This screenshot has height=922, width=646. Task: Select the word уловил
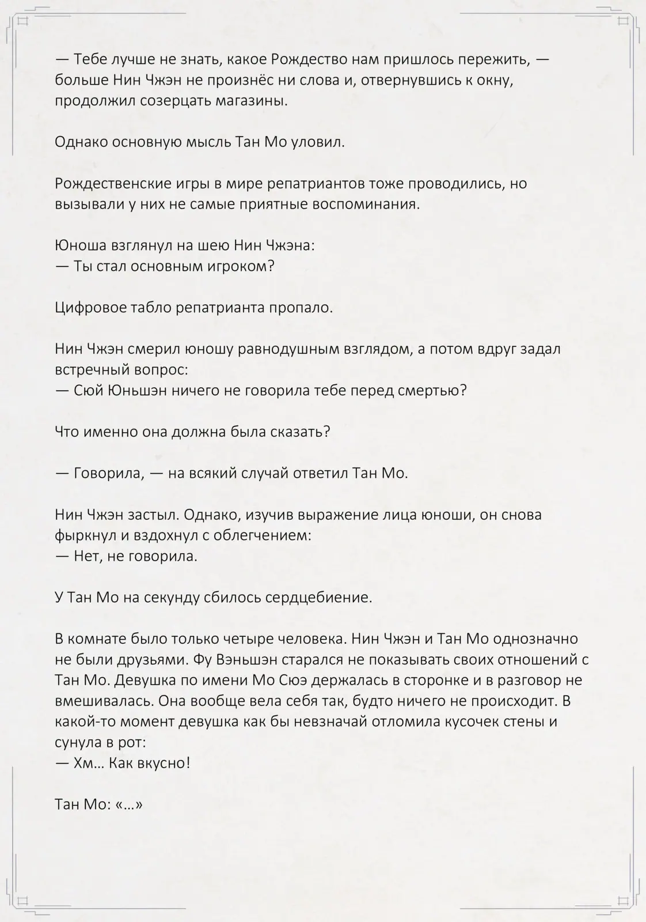[320, 142]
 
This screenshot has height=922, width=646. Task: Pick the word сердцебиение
[318, 598]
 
